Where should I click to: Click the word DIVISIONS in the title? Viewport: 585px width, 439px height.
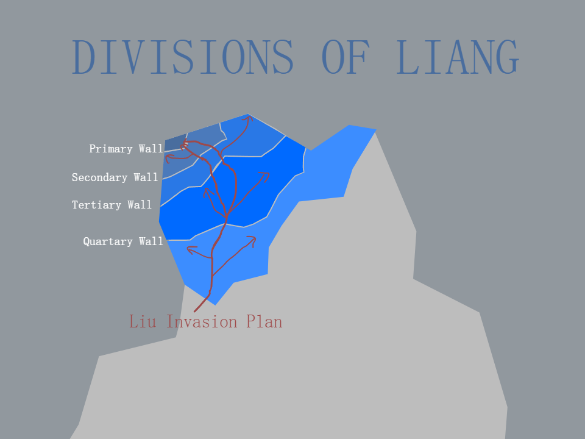[x=182, y=57]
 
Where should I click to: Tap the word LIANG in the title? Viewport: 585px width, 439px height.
[x=458, y=57]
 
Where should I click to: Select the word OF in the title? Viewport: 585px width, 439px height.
[x=346, y=57]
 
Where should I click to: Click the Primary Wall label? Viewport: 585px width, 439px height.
[x=126, y=149]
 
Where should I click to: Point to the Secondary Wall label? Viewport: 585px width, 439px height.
[x=115, y=177]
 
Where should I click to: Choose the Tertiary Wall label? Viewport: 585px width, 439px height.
[x=112, y=205]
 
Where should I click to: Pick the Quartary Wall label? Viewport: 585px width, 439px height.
[x=123, y=241]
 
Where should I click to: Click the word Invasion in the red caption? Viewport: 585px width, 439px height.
[x=202, y=321]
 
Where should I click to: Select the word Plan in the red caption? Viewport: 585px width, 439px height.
[x=264, y=321]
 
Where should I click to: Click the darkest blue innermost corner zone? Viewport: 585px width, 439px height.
[x=175, y=143]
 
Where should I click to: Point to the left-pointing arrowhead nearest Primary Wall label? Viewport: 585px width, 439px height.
[x=168, y=159]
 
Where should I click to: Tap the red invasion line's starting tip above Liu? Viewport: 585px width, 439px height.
[x=194, y=312]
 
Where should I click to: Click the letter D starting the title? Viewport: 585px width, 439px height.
[x=83, y=57]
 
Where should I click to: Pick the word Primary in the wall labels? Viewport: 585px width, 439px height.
[x=111, y=149]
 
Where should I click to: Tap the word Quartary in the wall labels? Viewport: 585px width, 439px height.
[x=108, y=241]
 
